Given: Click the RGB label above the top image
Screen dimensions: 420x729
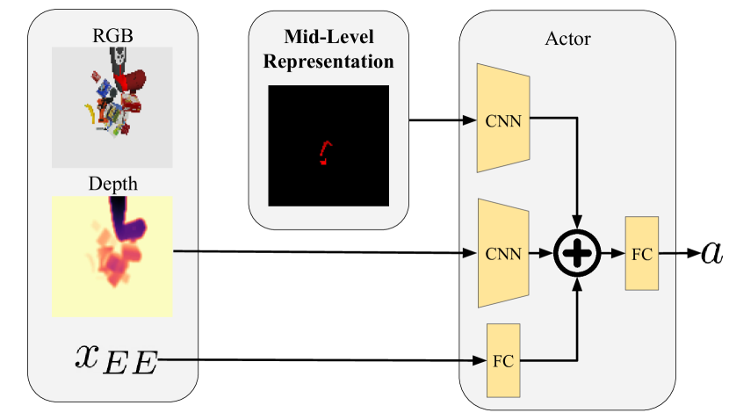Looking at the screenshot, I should click(112, 37).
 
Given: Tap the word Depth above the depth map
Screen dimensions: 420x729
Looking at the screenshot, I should click(112, 185).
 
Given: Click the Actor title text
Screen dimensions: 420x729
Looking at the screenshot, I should click(567, 39).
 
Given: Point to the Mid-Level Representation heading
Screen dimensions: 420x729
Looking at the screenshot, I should click(328, 50).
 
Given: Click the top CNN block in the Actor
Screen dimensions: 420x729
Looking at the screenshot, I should click(503, 119).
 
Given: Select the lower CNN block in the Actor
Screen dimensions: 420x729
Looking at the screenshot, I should click(503, 254).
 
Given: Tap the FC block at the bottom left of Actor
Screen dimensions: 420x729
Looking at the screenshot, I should click(502, 360).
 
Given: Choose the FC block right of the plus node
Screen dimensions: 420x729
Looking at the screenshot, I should click(642, 254).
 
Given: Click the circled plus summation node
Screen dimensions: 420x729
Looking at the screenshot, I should click(577, 254).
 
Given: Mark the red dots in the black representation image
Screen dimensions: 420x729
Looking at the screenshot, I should click(326, 153).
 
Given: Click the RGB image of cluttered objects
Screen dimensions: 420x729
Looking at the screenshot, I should click(112, 107).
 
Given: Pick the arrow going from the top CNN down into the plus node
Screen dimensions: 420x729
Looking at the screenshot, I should click(577, 176).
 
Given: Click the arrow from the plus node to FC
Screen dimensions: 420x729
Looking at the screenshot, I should click(611, 254).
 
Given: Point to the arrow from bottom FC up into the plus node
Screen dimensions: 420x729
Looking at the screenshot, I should click(577, 325).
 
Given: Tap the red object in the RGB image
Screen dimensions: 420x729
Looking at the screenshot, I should click(133, 83).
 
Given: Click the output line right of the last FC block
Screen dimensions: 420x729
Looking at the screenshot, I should click(668, 254).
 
